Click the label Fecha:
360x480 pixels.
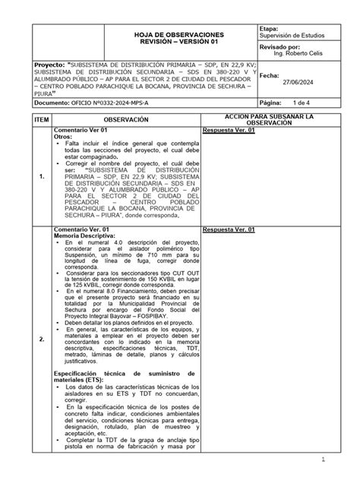[270, 76]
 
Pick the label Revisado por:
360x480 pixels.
[280, 46]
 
